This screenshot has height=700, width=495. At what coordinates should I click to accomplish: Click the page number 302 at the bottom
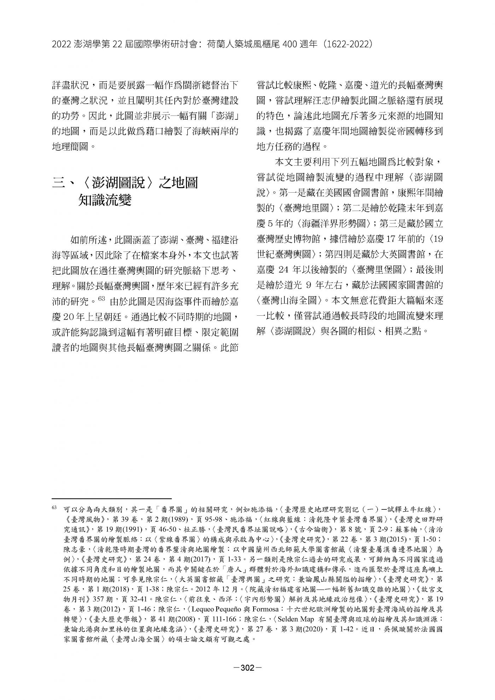(248, 668)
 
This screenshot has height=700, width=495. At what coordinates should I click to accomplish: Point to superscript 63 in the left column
(102, 298)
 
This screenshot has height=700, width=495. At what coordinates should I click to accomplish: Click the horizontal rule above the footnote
(111, 498)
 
